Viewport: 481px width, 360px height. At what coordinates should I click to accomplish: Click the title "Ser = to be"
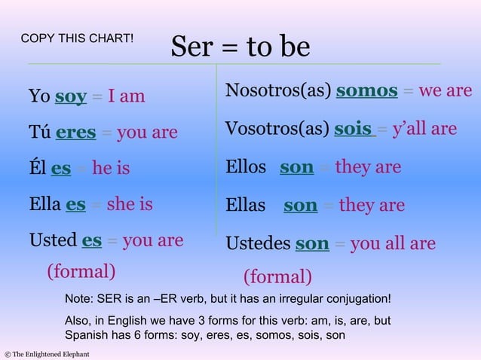click(x=240, y=47)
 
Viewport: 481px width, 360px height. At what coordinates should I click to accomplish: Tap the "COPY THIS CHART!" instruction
click(x=77, y=38)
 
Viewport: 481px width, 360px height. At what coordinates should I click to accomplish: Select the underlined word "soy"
click(x=71, y=96)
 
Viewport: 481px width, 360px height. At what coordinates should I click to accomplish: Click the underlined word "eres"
click(x=75, y=133)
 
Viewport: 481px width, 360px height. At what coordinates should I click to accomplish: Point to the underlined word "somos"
click(x=366, y=91)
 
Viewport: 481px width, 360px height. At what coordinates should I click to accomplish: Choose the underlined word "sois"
click(x=354, y=129)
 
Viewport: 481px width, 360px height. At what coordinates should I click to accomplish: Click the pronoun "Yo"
click(x=39, y=96)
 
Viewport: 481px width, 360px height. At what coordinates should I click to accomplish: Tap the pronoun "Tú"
click(x=39, y=133)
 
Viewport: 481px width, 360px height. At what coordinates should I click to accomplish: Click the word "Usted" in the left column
click(x=53, y=241)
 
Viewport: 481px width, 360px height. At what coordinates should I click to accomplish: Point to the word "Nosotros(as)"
click(x=278, y=91)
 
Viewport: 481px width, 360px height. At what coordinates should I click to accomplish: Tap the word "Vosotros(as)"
click(x=277, y=129)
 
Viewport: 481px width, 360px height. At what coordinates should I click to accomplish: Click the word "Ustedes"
click(x=258, y=244)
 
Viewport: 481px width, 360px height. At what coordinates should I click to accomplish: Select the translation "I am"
click(x=126, y=96)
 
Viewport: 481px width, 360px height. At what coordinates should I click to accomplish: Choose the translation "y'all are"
click(x=424, y=129)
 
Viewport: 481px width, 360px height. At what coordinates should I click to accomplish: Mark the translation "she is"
click(x=129, y=204)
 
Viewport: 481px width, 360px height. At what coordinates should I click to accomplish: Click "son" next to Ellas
click(x=300, y=205)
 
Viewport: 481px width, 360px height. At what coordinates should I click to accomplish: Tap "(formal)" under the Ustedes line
click(x=277, y=276)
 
